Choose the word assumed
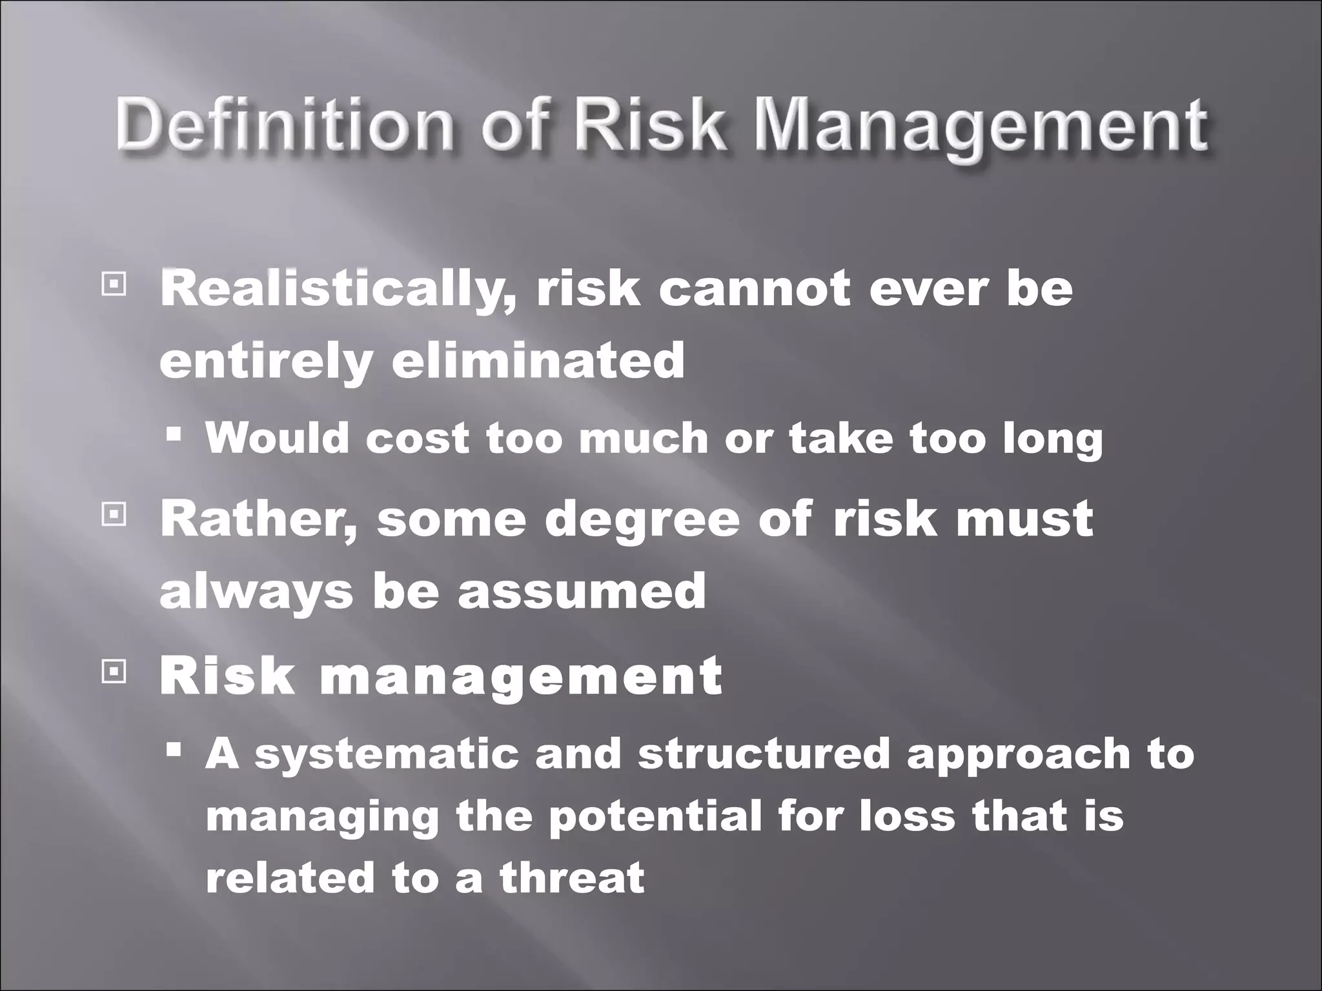[581, 591]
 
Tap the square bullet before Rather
[113, 514]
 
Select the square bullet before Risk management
[113, 672]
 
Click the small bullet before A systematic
[173, 750]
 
